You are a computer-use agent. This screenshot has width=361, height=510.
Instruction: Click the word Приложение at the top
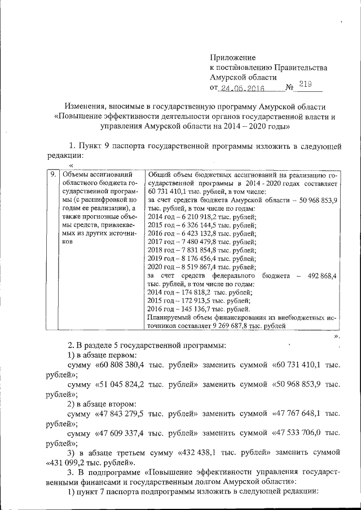232,57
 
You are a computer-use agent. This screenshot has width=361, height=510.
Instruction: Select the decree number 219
305,86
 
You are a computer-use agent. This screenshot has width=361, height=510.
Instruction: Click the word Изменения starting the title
86,107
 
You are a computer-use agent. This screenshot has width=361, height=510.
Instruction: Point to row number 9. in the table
52,175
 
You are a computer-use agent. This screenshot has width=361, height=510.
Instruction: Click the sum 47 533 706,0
301,433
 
